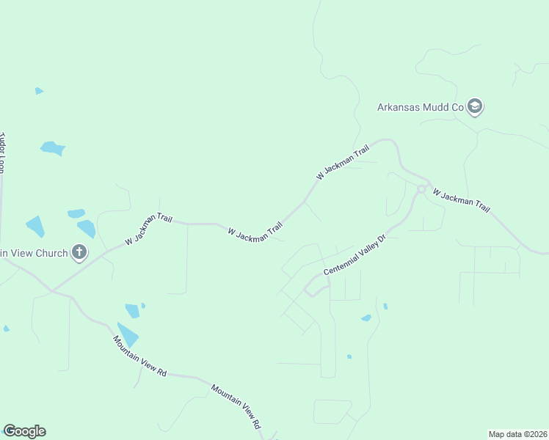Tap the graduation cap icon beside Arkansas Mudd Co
coord(475,107)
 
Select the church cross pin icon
coord(79,253)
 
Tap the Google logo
coord(24,431)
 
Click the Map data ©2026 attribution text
coord(518,433)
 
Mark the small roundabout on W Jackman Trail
coord(421,189)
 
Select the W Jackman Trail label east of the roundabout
coord(461,199)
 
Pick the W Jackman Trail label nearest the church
coord(148,229)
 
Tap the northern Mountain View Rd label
coord(139,356)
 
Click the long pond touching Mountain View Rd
coord(127,334)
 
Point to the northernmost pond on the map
coord(39,91)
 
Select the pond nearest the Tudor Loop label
coord(52,148)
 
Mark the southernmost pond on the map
coord(349,357)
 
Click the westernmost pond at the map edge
coord(6,329)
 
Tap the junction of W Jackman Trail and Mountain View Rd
coord(51,290)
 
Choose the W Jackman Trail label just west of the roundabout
coord(342,164)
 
